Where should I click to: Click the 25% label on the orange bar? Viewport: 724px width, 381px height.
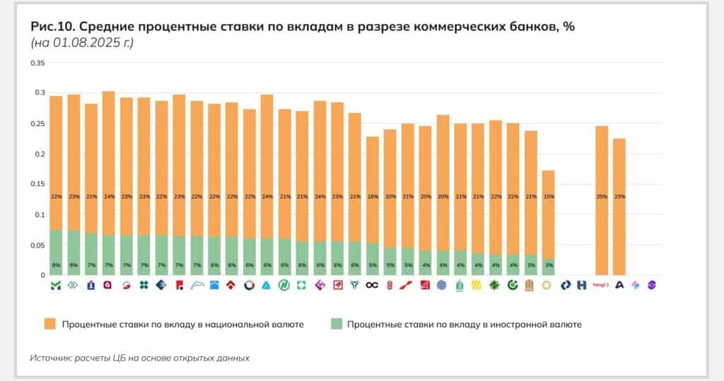602,196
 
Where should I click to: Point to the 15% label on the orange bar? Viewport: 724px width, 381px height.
549,196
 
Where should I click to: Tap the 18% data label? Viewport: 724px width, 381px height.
373,196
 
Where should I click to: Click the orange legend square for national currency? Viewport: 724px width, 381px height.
49,324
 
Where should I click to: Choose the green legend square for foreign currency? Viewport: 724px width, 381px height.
336,324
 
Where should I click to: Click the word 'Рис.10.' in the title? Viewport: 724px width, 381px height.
52,27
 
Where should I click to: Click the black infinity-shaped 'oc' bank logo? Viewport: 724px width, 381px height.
373,285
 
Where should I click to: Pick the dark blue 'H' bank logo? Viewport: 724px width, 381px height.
582,285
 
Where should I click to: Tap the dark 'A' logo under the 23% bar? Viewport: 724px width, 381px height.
619,285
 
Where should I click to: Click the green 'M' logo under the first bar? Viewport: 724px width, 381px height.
56,285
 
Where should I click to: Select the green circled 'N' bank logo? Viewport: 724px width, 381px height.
284,285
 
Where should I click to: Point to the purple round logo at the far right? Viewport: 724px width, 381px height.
652,285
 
